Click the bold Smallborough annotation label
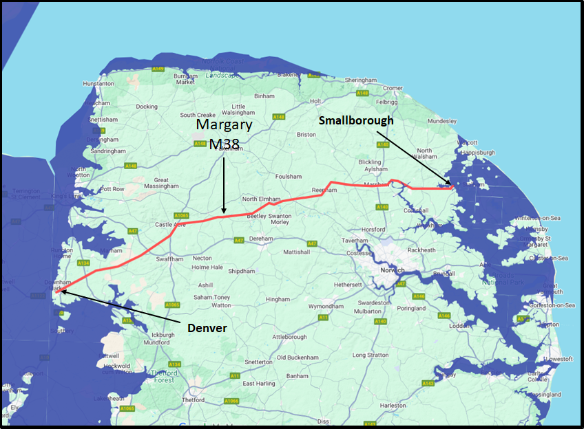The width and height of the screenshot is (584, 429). coord(356,120)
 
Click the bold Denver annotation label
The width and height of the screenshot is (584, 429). coord(207,328)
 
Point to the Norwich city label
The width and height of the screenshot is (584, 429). coord(392,270)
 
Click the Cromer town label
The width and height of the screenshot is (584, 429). coord(393,88)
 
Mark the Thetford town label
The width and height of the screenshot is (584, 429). coord(174,399)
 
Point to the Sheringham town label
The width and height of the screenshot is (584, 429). coord(362,80)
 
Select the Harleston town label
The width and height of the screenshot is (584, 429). coord(392,405)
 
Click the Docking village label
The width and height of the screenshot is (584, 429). coord(147,107)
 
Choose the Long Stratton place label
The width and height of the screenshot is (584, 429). coord(371,355)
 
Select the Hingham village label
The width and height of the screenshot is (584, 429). coord(278,299)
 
